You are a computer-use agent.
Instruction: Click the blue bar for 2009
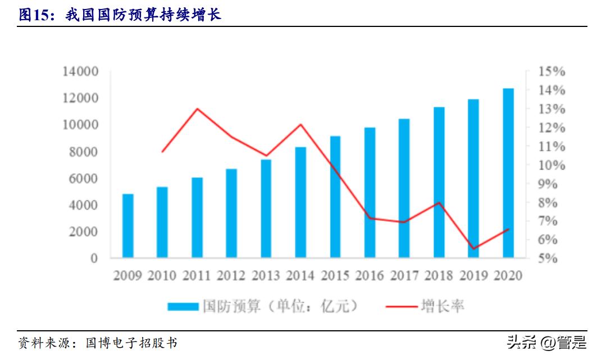(x=128, y=226)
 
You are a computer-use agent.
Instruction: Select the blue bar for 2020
(x=508, y=173)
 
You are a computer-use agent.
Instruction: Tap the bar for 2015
(x=335, y=197)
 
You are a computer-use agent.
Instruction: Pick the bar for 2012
(x=231, y=213)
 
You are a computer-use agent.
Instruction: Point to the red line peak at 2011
(x=197, y=108)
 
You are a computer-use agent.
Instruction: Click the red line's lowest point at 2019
(x=473, y=249)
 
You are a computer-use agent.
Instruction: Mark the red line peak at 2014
(x=300, y=124)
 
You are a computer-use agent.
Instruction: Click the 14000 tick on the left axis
(x=80, y=71)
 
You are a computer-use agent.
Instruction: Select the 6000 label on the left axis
(x=83, y=179)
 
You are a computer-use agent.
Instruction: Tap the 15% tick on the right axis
(x=551, y=72)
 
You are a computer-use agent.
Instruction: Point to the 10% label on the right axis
(x=551, y=165)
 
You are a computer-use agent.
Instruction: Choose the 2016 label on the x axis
(x=370, y=276)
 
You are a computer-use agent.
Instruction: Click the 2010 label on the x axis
(x=162, y=276)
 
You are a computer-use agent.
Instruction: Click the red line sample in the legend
(x=402, y=306)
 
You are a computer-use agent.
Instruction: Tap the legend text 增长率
(x=443, y=306)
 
